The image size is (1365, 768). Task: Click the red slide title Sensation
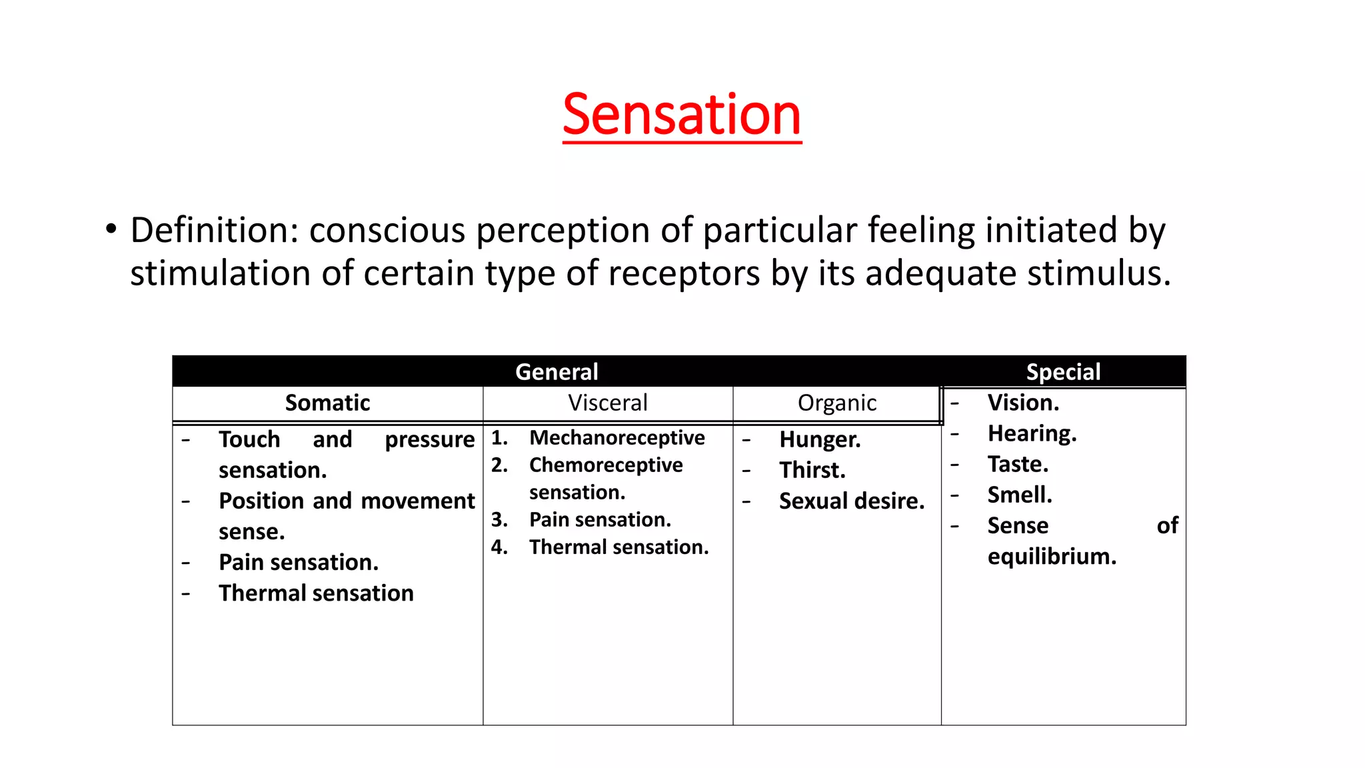pos(681,115)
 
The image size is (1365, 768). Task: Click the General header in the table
pos(557,371)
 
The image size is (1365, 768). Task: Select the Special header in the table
pos(1063,371)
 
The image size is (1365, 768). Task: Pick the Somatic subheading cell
pos(327,403)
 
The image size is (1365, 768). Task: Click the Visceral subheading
pos(607,403)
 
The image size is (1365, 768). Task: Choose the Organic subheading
pos(836,403)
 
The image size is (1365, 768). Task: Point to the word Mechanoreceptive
pos(617,437)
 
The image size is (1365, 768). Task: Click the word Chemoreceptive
pos(605,465)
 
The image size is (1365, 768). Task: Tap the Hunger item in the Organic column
pos(819,439)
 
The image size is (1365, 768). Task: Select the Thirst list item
pos(812,470)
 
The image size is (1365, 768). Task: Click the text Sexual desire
pos(851,501)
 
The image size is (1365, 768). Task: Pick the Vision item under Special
pos(1022,403)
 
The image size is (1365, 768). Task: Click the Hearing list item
pos(1031,433)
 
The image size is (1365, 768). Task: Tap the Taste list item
pos(1017,464)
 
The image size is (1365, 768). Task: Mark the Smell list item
pos(1019,495)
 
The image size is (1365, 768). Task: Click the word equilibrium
pos(1051,556)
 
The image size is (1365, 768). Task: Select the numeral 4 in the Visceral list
pos(498,547)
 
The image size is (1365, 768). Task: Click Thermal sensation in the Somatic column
pos(316,593)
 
